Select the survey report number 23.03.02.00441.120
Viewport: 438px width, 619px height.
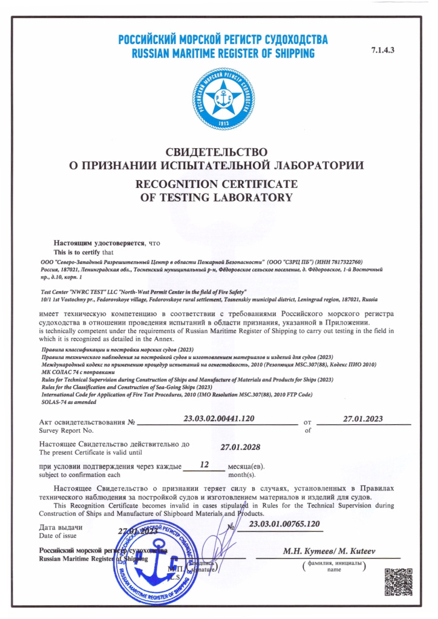[x=218, y=418]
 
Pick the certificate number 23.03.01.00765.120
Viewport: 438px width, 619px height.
[x=284, y=524]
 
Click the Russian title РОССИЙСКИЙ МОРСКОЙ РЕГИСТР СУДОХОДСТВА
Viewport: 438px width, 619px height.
[x=223, y=41]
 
